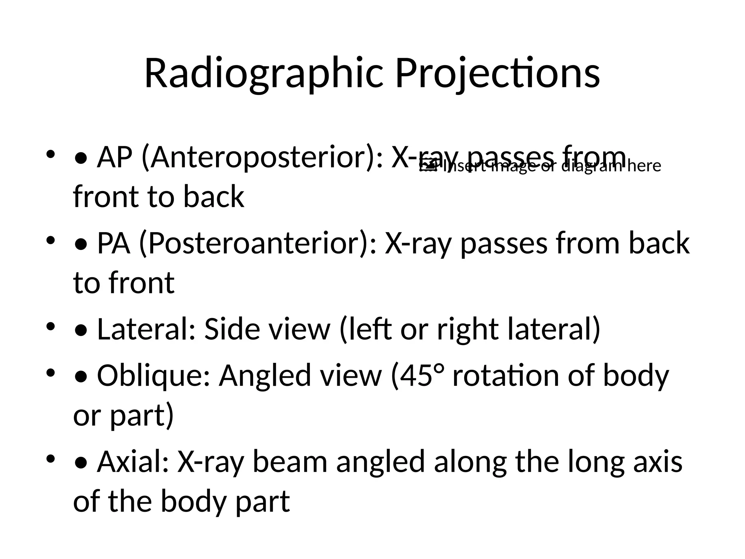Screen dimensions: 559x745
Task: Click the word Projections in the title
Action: tap(497, 74)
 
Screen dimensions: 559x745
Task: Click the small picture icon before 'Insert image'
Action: tap(428, 166)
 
